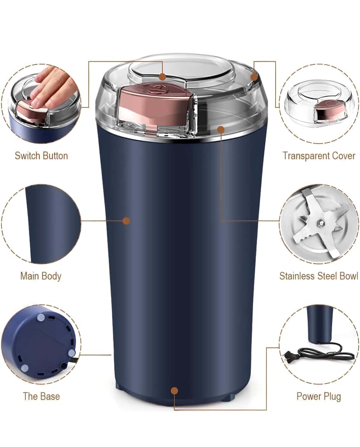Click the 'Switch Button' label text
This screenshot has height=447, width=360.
[x=41, y=156]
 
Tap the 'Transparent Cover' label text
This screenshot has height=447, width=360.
[x=318, y=156]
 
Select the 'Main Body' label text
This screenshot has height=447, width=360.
[x=41, y=276]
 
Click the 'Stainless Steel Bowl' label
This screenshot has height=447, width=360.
[x=318, y=276]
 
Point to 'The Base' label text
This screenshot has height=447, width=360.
[x=41, y=396]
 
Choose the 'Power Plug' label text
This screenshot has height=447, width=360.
[x=318, y=396]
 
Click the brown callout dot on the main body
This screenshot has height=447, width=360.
[x=126, y=221]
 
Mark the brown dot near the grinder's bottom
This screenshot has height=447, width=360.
[x=174, y=391]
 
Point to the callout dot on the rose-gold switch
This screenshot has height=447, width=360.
[x=163, y=77]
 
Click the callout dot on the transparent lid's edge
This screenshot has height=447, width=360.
[x=254, y=77]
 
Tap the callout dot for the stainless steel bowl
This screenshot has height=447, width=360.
[x=221, y=129]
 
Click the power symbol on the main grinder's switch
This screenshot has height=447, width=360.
[x=152, y=91]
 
